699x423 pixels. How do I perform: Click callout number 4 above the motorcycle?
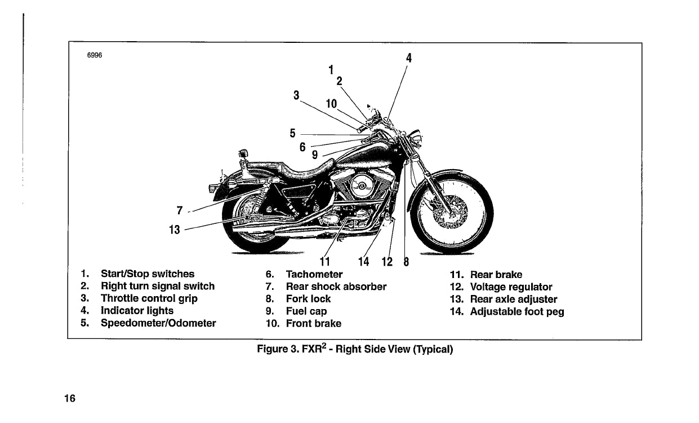click(409, 58)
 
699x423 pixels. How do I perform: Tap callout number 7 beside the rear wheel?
click(180, 210)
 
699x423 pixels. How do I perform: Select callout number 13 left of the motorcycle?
click(175, 230)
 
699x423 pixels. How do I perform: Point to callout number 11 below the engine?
click(324, 262)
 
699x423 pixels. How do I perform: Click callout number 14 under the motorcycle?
click(364, 262)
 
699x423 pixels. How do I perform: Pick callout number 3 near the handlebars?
click(296, 95)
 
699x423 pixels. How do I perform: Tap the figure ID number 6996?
click(94, 55)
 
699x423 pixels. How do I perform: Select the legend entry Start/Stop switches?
click(147, 274)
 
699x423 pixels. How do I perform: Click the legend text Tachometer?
click(314, 275)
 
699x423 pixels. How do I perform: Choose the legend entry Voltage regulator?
click(511, 287)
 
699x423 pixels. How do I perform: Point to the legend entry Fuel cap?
click(306, 311)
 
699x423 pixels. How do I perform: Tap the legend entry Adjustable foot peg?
click(517, 312)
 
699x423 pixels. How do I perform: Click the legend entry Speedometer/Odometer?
click(158, 323)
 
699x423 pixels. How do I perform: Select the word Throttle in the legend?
click(121, 298)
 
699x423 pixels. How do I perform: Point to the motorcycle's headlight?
click(417, 137)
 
